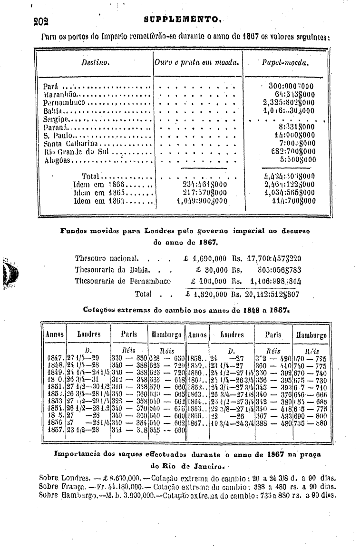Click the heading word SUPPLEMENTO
coord(181,20)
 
